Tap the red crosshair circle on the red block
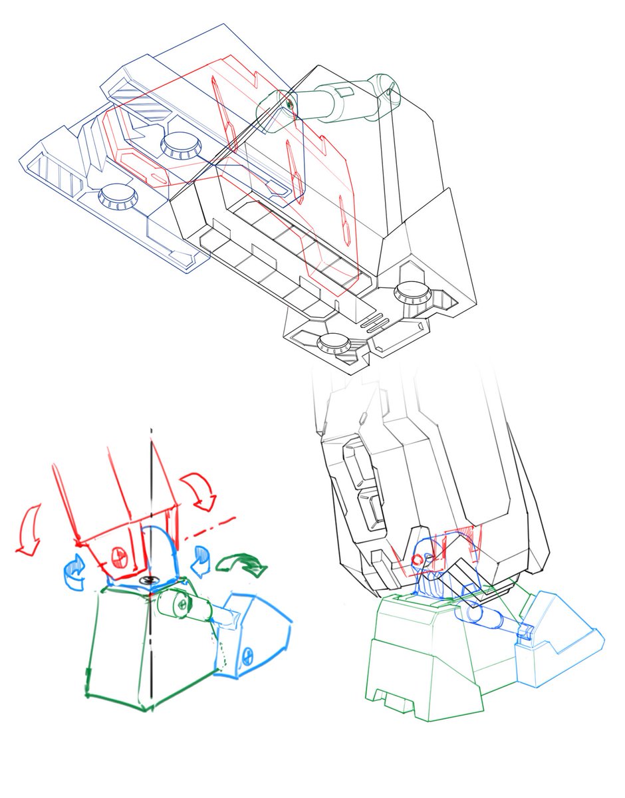tap(120, 553)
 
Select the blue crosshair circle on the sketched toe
tap(248, 655)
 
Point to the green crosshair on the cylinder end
tap(290, 104)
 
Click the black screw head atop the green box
tap(145, 581)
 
